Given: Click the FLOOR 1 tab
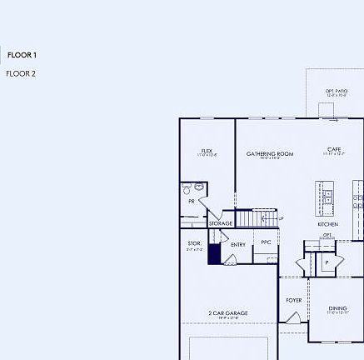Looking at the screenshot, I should [22, 55].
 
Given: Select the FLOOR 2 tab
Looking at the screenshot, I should [21, 73].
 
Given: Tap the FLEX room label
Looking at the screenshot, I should [207, 152].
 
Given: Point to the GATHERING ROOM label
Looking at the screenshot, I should [270, 154].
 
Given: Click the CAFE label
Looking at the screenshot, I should [334, 150].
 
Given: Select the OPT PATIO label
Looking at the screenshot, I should [337, 92].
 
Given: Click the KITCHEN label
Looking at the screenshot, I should [327, 224].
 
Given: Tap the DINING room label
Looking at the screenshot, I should [337, 308].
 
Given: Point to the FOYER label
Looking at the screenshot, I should [294, 300].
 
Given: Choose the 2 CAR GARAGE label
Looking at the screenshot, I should [228, 313].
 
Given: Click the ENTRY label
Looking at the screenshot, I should [238, 244].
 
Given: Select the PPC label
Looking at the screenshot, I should [266, 242].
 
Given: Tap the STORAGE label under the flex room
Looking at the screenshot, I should [221, 223].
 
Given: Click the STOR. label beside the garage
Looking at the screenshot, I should [194, 243].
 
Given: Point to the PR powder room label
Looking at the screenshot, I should [192, 201].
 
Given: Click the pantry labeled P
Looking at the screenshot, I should [327, 262].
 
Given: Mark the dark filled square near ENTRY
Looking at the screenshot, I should [214, 254].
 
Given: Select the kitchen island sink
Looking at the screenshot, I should [327, 197].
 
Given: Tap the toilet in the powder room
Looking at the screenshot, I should [188, 189].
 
